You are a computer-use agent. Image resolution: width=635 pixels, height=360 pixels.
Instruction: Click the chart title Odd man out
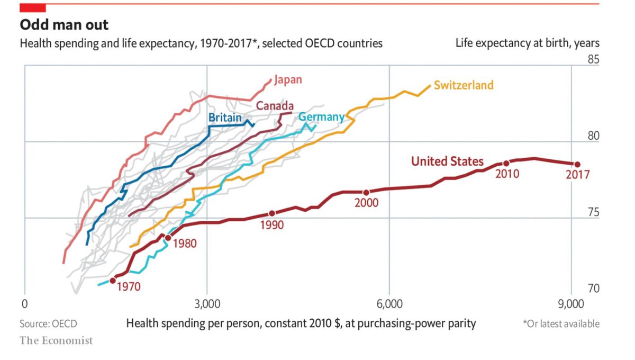64,24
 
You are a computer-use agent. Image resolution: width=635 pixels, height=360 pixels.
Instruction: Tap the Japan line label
288,80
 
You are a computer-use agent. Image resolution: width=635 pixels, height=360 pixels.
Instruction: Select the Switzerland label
464,85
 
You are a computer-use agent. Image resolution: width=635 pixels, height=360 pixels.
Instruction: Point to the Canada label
275,106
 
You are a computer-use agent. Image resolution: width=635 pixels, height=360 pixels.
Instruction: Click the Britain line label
225,118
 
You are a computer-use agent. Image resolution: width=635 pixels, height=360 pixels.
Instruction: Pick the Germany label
322,117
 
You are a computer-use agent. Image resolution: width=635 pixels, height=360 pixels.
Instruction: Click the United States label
447,161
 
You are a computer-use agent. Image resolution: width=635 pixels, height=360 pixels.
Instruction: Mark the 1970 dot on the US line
113,281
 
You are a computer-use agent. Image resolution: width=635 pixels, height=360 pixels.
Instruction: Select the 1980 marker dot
168,238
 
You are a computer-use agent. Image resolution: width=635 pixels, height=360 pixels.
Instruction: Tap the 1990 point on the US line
272,213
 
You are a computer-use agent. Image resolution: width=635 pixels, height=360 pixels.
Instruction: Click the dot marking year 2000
366,192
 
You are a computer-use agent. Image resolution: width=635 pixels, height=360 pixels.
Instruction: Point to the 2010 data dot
506,163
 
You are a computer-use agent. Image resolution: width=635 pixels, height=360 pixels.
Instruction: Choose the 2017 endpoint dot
577,165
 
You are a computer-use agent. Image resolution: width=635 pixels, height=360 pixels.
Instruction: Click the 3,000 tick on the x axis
207,305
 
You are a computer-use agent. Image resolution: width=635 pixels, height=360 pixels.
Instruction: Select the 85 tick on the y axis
594,59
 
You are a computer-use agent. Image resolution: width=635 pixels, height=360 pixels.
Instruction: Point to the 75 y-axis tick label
594,212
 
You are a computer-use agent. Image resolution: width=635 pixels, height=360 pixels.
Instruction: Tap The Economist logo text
56,340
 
